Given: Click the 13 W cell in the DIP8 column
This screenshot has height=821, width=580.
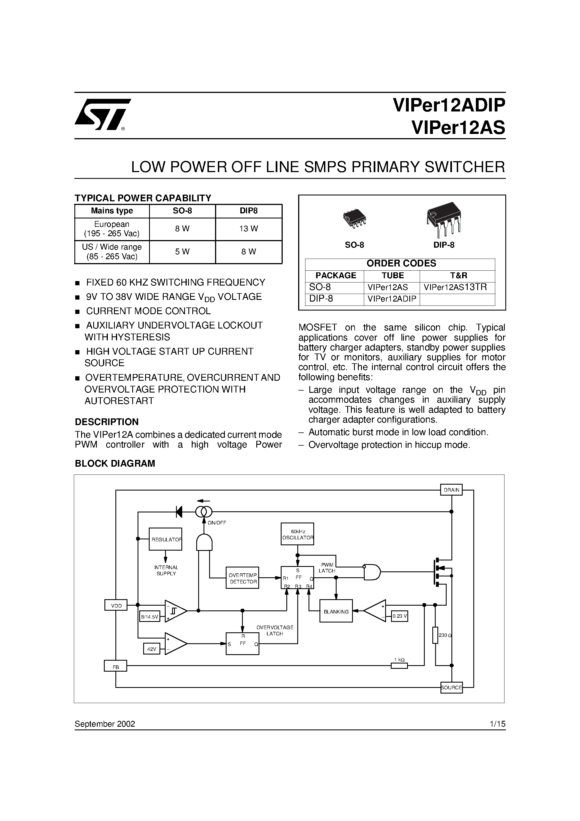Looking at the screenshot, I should coord(248,229).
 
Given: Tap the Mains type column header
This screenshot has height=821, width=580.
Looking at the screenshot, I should coord(112,211).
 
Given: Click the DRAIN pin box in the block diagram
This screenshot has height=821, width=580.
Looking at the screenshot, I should coord(451,490).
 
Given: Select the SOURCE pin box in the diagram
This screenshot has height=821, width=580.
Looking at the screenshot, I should coord(451,687).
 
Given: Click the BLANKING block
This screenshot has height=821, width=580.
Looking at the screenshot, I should coord(336,612).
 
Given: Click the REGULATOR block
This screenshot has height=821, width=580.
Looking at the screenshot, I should coord(166,539).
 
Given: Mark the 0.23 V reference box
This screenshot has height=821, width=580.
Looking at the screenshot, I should coord(399,616).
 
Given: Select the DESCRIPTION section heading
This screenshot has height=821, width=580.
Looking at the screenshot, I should coord(107,422).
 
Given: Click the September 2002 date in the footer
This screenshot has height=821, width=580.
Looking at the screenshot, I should coord(105,724).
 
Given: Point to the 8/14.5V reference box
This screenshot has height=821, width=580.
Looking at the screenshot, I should coord(149,617).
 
